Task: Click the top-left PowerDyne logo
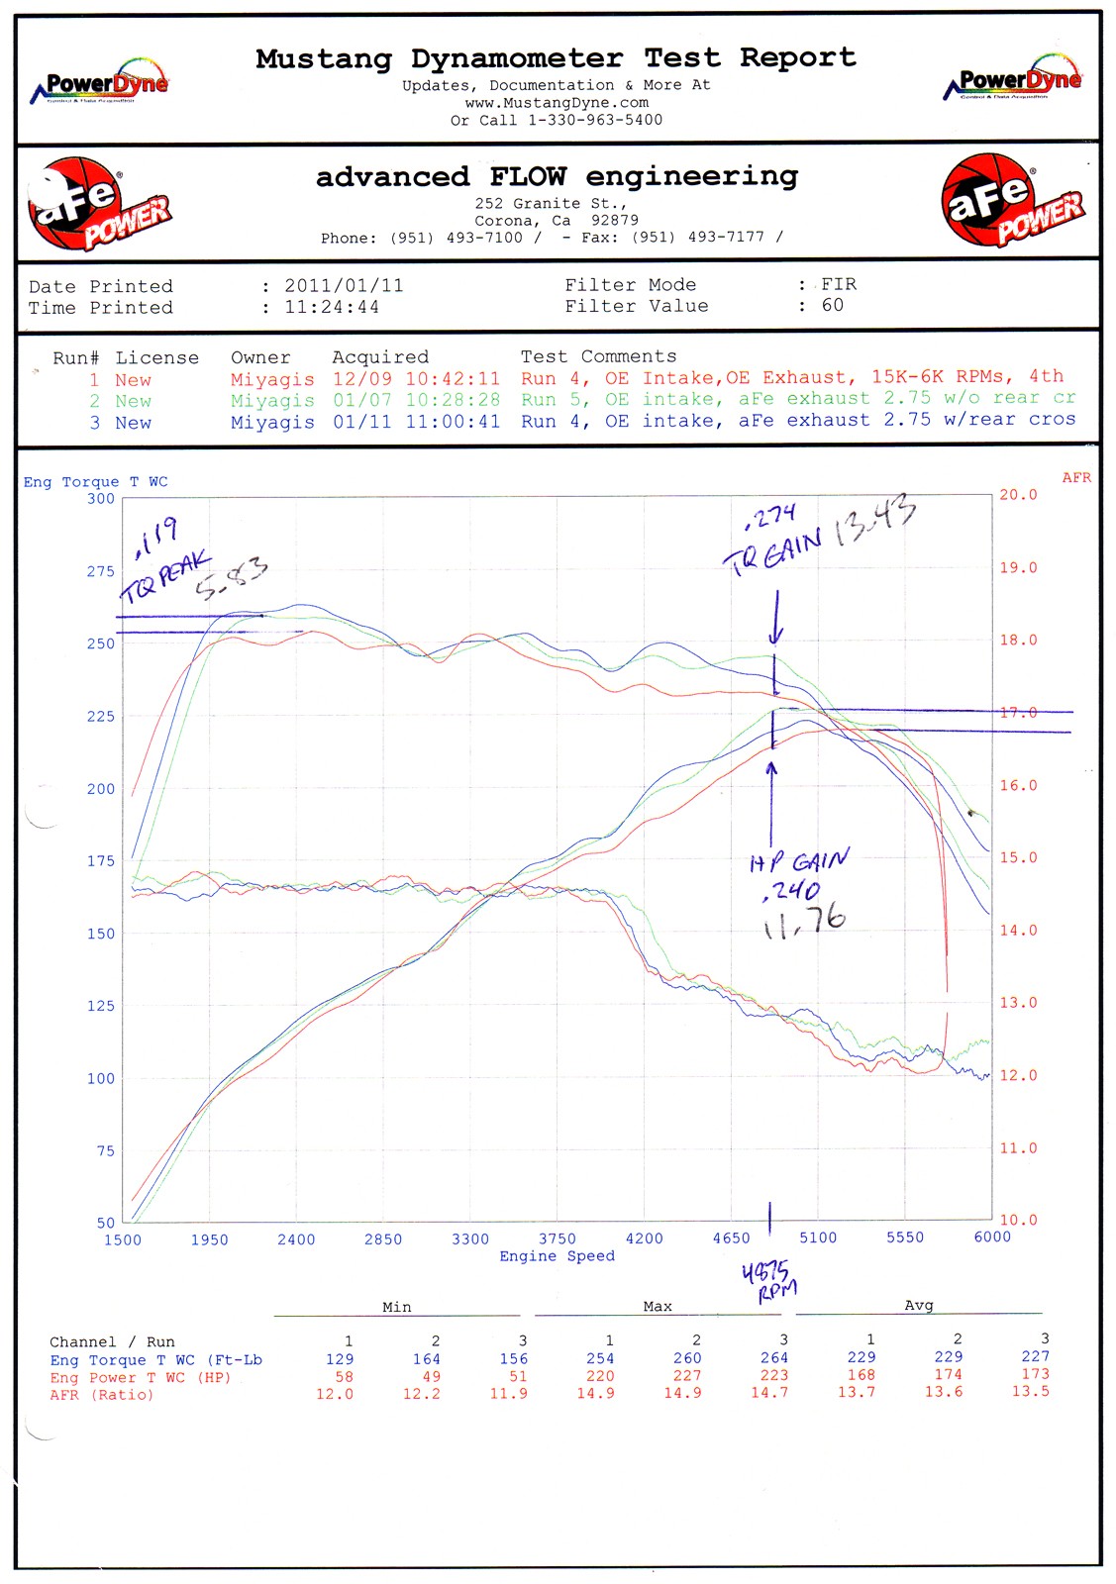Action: pos(100,83)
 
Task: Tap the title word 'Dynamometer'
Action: pos(517,58)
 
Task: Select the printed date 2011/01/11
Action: pos(344,285)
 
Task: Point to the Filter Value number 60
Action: pos(832,305)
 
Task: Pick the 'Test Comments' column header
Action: pos(598,356)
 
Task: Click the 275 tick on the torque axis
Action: pos(101,571)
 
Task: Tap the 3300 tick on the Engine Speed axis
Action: pos(470,1238)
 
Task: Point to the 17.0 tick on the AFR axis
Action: pos(1018,713)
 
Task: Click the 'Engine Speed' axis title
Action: pos(557,1256)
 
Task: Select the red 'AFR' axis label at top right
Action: pos(1076,478)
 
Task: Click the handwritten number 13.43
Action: pos(875,522)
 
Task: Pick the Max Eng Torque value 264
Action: pos(774,1358)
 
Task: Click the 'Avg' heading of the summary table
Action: pos(918,1306)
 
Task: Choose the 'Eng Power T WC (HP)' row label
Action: pos(140,1377)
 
